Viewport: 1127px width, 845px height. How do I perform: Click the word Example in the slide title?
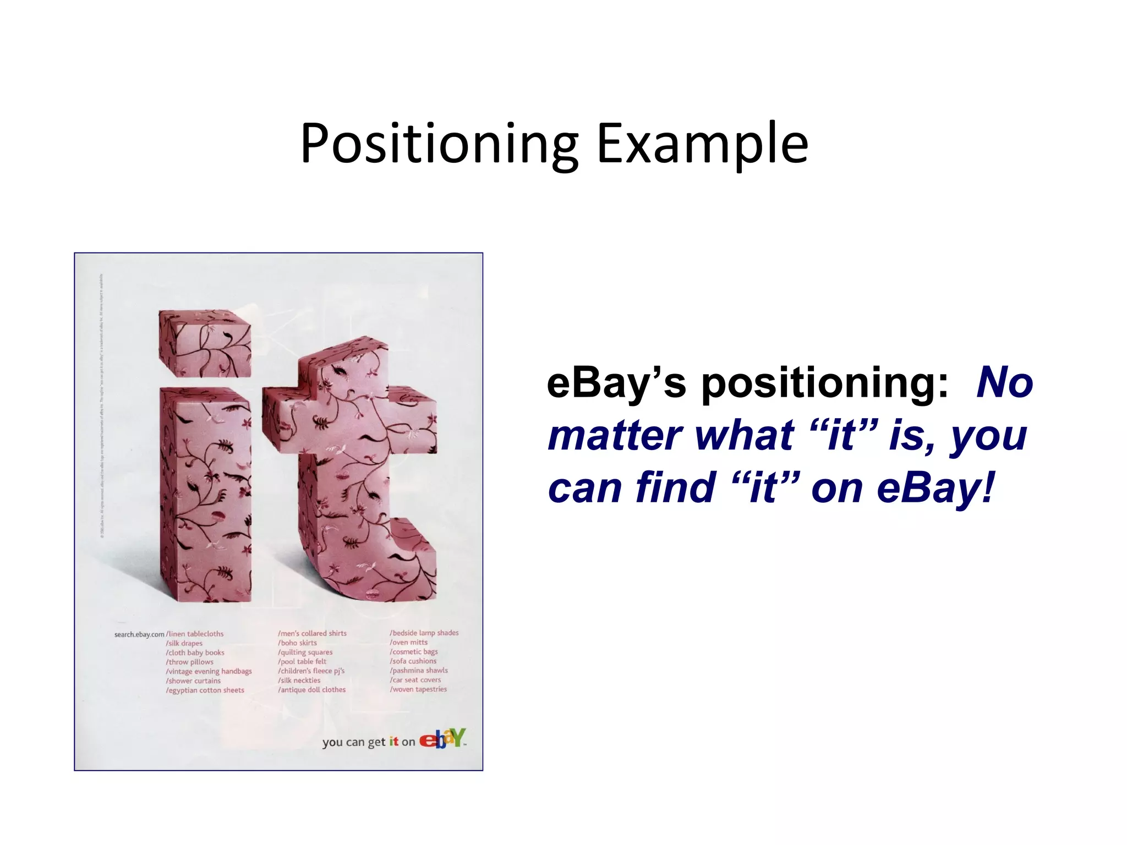coord(702,144)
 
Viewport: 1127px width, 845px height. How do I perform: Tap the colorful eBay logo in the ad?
coord(442,739)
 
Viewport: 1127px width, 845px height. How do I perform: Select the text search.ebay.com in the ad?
coord(139,634)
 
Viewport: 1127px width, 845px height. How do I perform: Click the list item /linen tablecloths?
coord(195,634)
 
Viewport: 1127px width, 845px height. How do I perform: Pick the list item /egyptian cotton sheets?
coord(205,690)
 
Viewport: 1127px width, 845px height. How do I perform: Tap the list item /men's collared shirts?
coord(312,633)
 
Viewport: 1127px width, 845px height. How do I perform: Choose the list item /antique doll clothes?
coord(311,689)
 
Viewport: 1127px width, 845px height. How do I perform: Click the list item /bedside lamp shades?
coord(424,633)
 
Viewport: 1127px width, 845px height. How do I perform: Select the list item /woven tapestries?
coord(418,689)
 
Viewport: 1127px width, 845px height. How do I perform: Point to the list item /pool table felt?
coord(302,661)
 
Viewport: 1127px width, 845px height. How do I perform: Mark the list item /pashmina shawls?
coord(419,670)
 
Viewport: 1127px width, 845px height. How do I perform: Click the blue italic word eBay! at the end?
coord(935,487)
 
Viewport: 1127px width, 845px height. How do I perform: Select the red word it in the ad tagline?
coord(393,742)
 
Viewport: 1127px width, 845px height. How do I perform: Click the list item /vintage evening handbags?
coord(209,671)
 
